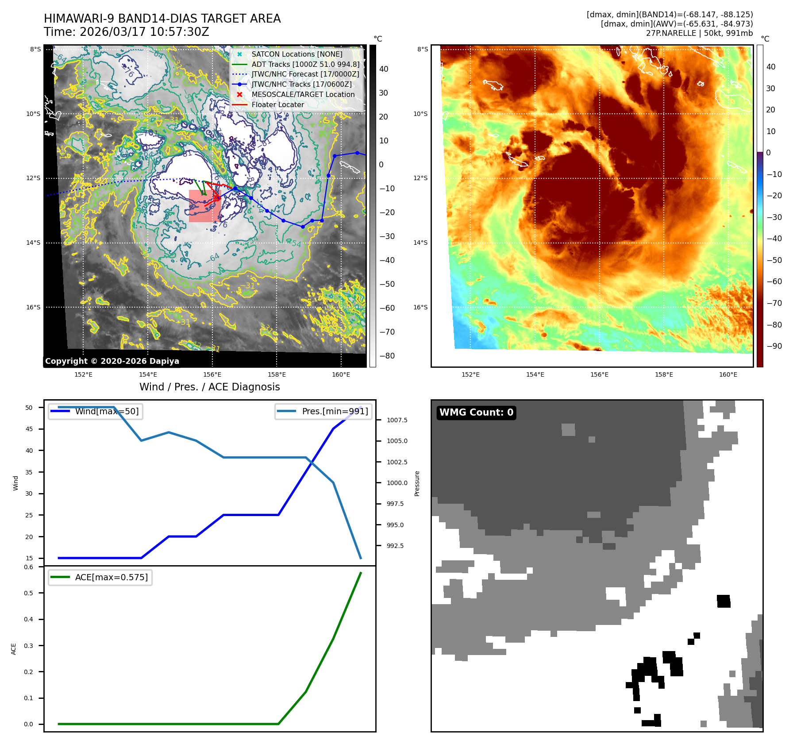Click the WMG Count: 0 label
[476, 413]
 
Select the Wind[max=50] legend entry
[107, 411]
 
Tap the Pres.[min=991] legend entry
[335, 411]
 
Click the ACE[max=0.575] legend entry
[111, 577]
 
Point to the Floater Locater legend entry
[277, 105]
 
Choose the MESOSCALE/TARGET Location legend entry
[303, 95]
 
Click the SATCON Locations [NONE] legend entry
[296, 54]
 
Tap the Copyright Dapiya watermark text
[112, 361]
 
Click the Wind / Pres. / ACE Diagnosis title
[209, 387]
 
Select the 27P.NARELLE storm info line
[699, 33]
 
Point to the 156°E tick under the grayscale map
[212, 374]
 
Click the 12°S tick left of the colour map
[420, 178]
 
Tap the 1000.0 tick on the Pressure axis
[397, 483]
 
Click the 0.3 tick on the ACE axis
[29, 646]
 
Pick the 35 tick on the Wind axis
[29, 472]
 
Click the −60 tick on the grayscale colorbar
[387, 308]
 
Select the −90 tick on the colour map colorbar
[774, 346]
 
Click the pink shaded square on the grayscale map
[204, 206]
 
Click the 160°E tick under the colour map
[728, 374]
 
